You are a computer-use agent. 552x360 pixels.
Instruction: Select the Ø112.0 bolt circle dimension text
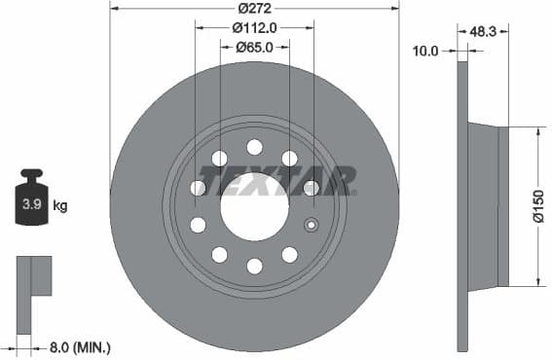(x=255, y=28)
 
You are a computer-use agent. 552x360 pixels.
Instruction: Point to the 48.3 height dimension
(x=484, y=31)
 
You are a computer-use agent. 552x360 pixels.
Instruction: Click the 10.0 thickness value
(x=425, y=50)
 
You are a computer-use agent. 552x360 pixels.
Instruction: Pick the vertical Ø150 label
(x=538, y=206)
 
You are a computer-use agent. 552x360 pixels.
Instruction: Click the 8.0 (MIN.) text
(x=81, y=346)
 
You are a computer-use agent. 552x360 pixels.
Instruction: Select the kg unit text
(x=59, y=205)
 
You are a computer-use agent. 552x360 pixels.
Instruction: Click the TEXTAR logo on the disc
(x=276, y=181)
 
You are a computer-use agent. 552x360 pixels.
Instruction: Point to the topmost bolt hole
(x=254, y=147)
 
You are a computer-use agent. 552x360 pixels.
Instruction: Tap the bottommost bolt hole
(x=254, y=266)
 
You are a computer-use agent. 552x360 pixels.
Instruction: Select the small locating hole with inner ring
(x=312, y=225)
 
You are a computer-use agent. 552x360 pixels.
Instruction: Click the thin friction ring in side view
(x=462, y=206)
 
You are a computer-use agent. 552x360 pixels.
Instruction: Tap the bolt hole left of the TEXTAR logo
(x=198, y=188)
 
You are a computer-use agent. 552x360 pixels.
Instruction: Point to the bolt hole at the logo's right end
(x=311, y=188)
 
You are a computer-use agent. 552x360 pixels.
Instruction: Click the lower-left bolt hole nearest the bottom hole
(x=219, y=255)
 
